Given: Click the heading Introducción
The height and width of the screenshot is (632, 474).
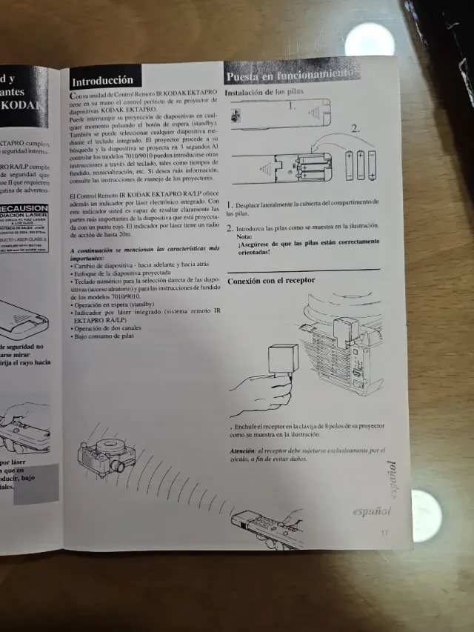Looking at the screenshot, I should click(102, 80).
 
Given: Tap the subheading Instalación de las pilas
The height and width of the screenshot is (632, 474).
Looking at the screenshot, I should click(264, 92).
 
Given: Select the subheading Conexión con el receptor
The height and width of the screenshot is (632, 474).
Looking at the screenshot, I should click(271, 281).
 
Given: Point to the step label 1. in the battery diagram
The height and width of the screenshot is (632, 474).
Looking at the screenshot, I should click(291, 105).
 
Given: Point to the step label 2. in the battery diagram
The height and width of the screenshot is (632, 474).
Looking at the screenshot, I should click(355, 128).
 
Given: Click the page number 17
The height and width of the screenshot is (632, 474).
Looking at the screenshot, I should click(384, 532).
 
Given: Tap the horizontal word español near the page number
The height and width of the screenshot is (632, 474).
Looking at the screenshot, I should click(371, 511).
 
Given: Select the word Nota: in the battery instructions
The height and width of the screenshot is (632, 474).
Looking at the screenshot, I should click(245, 236).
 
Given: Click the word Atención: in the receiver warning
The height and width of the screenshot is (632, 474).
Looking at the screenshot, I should click(243, 450).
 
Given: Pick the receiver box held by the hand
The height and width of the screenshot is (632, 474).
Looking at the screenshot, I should click(285, 362).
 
